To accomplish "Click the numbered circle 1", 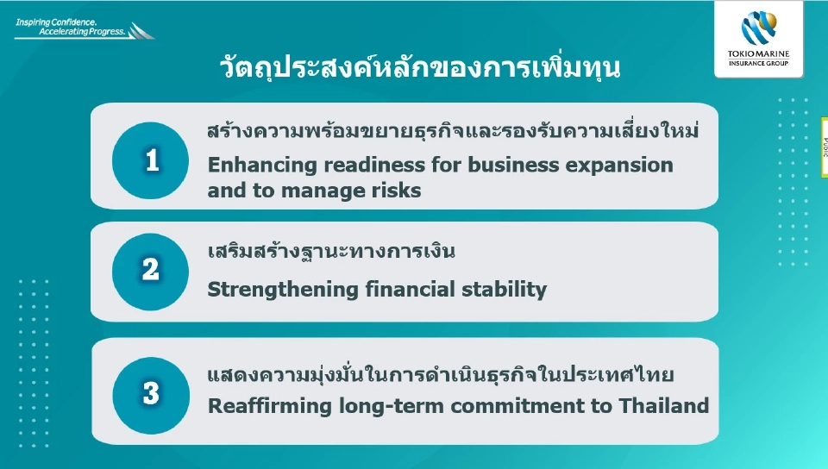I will [x=152, y=160].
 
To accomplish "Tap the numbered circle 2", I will [x=151, y=271].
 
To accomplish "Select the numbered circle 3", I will [x=151, y=394].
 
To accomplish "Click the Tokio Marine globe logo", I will [x=759, y=27].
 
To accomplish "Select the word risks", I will [x=398, y=191].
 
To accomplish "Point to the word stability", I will [x=508, y=290].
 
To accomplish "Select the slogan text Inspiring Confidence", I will [x=55, y=19].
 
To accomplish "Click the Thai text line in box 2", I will [x=331, y=253].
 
